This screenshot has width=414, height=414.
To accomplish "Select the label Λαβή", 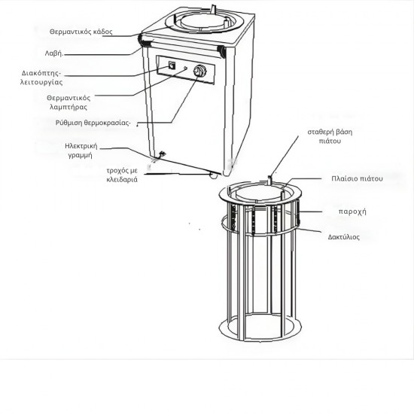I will (x=73, y=54).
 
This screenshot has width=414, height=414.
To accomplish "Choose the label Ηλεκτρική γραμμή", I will (x=84, y=151).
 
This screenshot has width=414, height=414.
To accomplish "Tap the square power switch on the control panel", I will (x=171, y=65).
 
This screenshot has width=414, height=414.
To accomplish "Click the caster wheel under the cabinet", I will (x=212, y=175).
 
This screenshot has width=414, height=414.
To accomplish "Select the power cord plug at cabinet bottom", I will (x=160, y=157).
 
